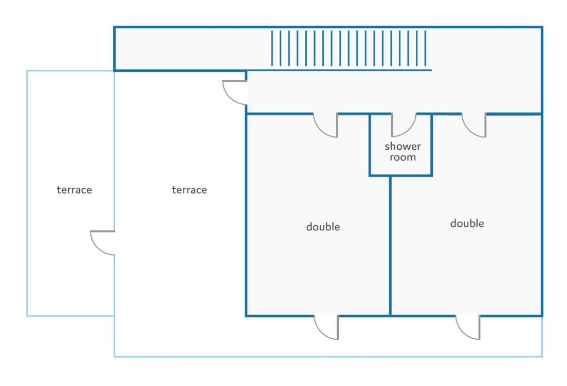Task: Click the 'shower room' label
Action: (403, 151)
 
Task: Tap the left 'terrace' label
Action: (74, 189)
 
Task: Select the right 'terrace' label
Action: (189, 189)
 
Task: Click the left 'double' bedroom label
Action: (323, 227)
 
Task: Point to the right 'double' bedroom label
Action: (467, 223)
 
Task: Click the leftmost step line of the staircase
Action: (272, 48)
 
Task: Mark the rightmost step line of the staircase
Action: (425, 48)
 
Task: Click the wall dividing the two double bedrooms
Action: (390, 245)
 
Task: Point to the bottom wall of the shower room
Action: (400, 176)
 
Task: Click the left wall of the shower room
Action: (370, 145)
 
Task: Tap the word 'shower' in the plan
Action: (403, 146)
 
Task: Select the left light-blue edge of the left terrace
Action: (27, 193)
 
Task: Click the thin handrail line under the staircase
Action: (339, 70)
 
